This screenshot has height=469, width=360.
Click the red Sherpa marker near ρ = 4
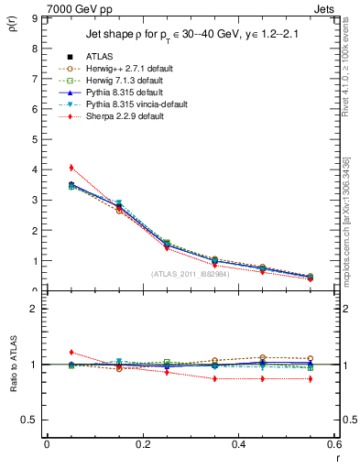(71, 168)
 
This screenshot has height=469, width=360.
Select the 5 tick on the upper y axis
(38, 139)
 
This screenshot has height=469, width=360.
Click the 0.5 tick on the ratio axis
(33, 420)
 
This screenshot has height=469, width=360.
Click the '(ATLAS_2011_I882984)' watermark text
(191, 274)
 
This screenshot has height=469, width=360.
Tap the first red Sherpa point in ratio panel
(71, 352)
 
